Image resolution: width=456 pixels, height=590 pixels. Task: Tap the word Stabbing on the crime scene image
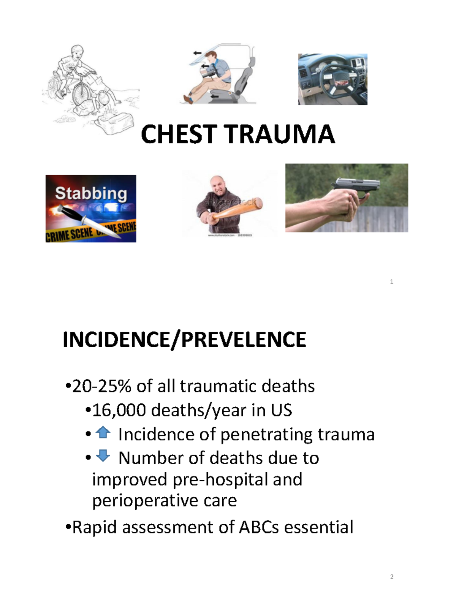(91, 193)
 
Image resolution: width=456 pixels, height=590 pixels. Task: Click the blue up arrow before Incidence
(103, 432)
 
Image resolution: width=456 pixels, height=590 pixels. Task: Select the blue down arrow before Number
(103, 455)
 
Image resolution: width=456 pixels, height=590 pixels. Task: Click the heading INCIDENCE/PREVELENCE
(184, 340)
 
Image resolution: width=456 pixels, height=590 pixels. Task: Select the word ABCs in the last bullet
(259, 527)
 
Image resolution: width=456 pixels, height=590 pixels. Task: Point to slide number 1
(392, 282)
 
